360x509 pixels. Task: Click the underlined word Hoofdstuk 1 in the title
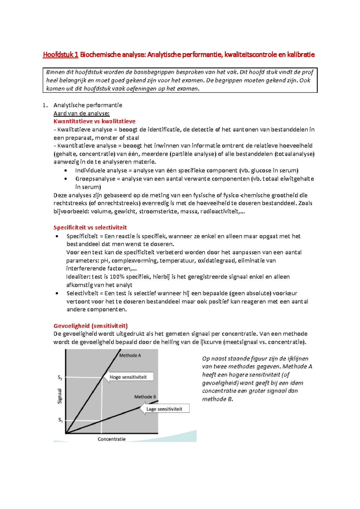[x=61, y=55]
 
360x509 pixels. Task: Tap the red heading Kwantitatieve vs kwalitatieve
[x=94, y=121]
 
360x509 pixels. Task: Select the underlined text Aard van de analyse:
[x=82, y=113]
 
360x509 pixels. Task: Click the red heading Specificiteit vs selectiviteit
[x=90, y=228]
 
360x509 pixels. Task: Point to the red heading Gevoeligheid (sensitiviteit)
[x=91, y=326]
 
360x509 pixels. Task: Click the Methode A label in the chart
[x=130, y=356]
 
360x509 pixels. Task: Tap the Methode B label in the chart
[x=145, y=397]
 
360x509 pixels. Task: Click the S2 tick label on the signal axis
[x=60, y=378]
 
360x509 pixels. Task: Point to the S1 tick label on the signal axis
[x=60, y=420]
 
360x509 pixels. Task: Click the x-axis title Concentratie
[x=112, y=439]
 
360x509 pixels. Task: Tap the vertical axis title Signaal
[x=60, y=396]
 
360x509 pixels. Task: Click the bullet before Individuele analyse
[x=66, y=171]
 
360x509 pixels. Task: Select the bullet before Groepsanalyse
[x=66, y=179]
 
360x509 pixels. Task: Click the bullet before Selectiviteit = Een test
[x=57, y=293]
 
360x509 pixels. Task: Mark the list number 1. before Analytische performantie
[x=45, y=105]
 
